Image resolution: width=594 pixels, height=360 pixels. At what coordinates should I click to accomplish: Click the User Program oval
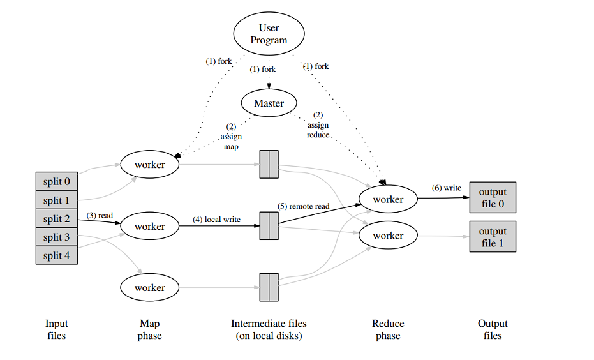point(269,34)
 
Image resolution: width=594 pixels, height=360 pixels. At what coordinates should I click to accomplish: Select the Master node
point(269,103)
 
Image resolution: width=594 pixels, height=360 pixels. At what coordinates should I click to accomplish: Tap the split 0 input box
point(57,181)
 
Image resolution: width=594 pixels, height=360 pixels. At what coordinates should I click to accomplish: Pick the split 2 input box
point(57,219)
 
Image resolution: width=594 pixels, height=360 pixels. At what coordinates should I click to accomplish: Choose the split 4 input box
point(57,255)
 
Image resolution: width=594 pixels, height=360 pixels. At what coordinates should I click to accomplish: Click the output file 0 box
point(493,197)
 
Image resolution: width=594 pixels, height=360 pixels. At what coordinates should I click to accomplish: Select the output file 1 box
point(493,236)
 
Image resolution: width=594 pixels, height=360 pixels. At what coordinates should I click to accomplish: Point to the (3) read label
point(100,215)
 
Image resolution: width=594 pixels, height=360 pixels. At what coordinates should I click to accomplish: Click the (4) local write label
point(217,220)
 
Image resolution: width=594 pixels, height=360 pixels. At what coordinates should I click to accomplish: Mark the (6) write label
point(446,188)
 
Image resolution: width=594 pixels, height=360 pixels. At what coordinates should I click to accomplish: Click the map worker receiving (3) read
point(150,227)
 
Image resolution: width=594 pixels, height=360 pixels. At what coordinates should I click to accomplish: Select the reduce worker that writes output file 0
point(388,199)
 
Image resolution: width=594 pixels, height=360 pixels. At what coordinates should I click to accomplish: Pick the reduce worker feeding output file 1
point(388,236)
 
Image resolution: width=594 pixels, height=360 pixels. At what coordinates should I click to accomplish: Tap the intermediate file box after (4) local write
point(269,225)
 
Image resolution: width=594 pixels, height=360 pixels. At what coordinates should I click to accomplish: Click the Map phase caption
point(149,329)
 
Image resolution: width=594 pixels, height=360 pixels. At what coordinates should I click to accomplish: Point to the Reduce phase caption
point(388,329)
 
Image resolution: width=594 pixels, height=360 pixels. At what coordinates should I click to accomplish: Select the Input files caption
point(57,329)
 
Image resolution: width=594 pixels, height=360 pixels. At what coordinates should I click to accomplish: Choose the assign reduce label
point(318,125)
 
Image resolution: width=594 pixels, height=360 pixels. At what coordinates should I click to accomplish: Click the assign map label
point(231,137)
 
